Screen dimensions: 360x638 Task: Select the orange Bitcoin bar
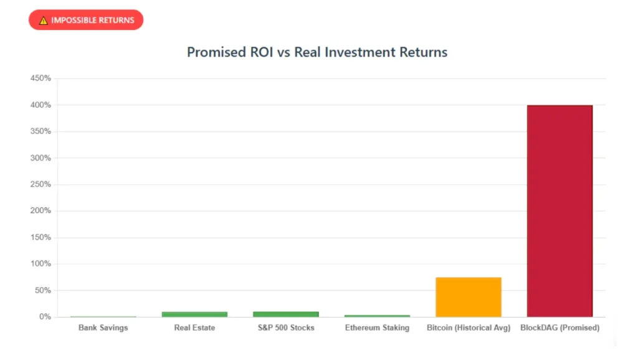pyautogui.click(x=469, y=297)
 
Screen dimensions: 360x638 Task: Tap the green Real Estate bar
pyautogui.click(x=194, y=314)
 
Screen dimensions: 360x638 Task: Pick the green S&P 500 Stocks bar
pyautogui.click(x=286, y=314)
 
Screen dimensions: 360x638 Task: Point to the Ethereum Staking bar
pyautogui.click(x=377, y=316)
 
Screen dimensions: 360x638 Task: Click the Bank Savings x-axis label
pyautogui.click(x=103, y=328)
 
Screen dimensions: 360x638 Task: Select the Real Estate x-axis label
pyautogui.click(x=194, y=328)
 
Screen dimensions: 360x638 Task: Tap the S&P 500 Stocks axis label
pyautogui.click(x=286, y=328)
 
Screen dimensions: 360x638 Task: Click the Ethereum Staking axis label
pyautogui.click(x=377, y=328)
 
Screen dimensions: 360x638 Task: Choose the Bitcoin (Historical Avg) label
pyautogui.click(x=469, y=328)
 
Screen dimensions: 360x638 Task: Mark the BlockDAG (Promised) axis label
pyautogui.click(x=559, y=328)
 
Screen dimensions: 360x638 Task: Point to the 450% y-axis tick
pyautogui.click(x=40, y=78)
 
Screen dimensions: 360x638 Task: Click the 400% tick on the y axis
pyautogui.click(x=40, y=105)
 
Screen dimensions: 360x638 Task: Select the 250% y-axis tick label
pyautogui.click(x=40, y=184)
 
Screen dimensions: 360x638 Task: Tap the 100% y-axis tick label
pyautogui.click(x=40, y=264)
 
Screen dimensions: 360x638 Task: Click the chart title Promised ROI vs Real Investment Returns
pyautogui.click(x=317, y=52)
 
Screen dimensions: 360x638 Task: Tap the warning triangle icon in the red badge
pyautogui.click(x=43, y=21)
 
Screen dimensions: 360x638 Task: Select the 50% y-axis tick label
pyautogui.click(x=42, y=291)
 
